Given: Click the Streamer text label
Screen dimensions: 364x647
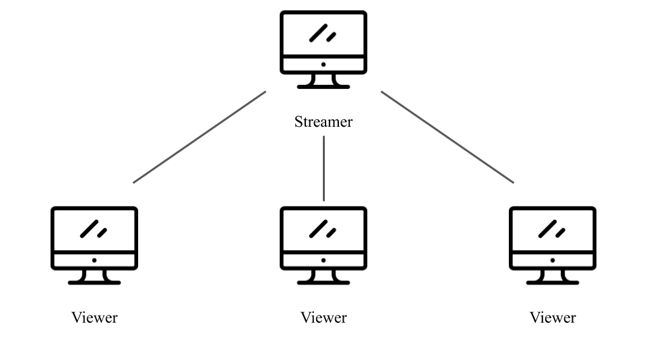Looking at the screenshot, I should pyautogui.click(x=323, y=122).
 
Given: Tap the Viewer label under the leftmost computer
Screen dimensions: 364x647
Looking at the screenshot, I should pyautogui.click(x=94, y=317).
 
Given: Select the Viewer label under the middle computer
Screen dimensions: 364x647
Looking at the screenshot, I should pyautogui.click(x=323, y=317).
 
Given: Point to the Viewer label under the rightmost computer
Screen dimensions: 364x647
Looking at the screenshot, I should pyautogui.click(x=553, y=317).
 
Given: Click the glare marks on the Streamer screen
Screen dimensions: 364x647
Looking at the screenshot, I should pyautogui.click(x=322, y=33).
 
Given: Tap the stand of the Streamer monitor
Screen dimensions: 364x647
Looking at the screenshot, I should pyautogui.click(x=323, y=81).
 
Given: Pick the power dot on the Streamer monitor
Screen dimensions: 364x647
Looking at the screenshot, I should pyautogui.click(x=323, y=65).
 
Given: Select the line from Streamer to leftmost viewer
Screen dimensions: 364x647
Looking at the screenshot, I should pyautogui.click(x=199, y=137).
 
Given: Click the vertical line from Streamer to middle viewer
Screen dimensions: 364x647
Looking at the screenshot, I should pyautogui.click(x=324, y=169).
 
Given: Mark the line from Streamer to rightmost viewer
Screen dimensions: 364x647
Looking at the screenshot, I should pyautogui.click(x=448, y=137).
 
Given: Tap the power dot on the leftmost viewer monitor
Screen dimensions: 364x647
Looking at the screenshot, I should pyautogui.click(x=94, y=260).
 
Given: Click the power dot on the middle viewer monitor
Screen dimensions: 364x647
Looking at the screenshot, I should pyautogui.click(x=323, y=260).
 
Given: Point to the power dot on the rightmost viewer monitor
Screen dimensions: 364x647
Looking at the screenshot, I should pyautogui.click(x=553, y=260).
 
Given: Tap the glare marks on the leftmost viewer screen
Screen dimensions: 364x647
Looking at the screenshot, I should pyautogui.click(x=93, y=229).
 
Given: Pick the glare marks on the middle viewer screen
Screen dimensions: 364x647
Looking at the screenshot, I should pyautogui.click(x=322, y=229).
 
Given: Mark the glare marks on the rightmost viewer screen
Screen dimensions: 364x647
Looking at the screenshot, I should pyautogui.click(x=551, y=229).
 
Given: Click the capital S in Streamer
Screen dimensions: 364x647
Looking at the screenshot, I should pyautogui.click(x=299, y=122).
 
